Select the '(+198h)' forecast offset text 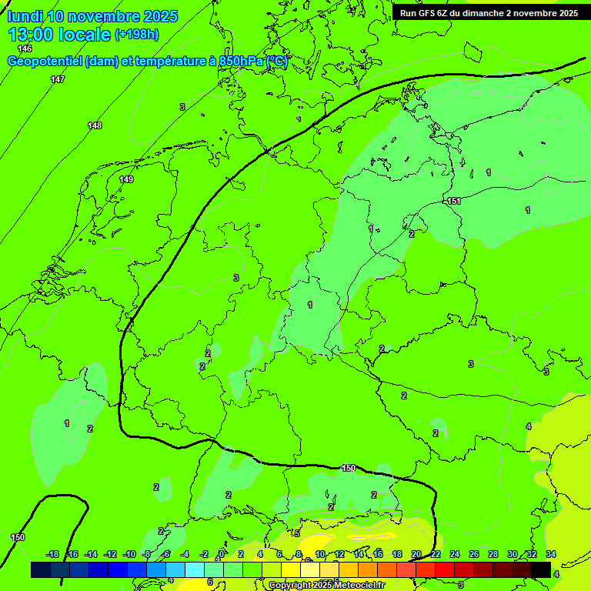coord(136,35)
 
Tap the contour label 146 coord(25,48)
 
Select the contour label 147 coord(58,80)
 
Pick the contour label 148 coord(95,125)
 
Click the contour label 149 coord(126,179)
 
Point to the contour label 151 coord(454,201)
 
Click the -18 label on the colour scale coord(53,554)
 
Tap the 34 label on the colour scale coord(551,554)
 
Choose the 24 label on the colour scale coord(455,554)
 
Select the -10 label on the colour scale coord(129,554)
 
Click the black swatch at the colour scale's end coord(541,569)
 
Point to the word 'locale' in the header coord(84,35)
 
